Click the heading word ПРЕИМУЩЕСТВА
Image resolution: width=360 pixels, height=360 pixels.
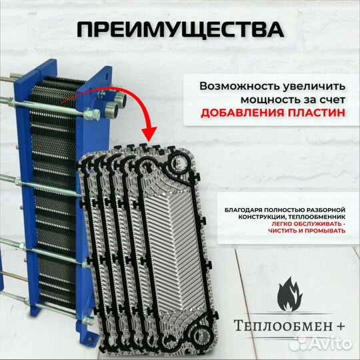[179, 30]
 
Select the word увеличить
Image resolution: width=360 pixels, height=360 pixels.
[313, 87]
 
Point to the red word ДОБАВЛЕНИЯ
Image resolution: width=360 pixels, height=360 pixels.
[245, 113]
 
